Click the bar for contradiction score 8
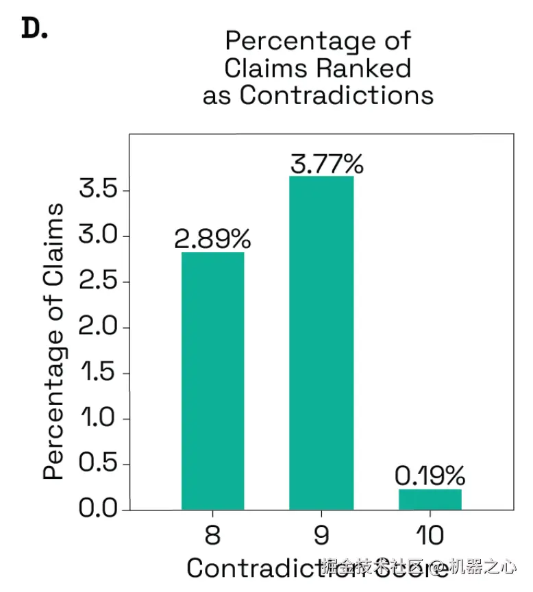click(x=212, y=381)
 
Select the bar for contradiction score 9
click(x=321, y=343)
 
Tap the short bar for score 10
click(x=430, y=500)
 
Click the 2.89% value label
click(x=212, y=239)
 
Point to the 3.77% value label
click(x=326, y=164)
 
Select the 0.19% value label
click(x=430, y=475)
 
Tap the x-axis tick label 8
click(x=212, y=535)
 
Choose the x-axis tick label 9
click(x=321, y=535)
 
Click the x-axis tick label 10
click(x=430, y=535)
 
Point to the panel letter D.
click(x=34, y=29)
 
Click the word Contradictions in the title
click(x=336, y=95)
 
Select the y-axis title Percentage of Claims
click(x=55, y=341)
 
